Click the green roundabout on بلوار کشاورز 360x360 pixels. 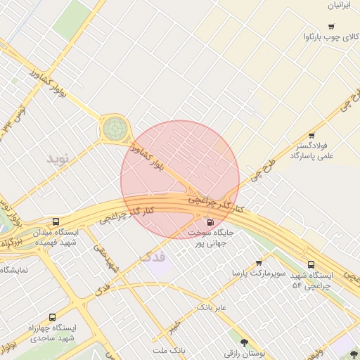115,129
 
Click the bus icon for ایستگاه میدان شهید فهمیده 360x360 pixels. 56,221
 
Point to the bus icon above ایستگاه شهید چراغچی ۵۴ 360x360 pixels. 311,264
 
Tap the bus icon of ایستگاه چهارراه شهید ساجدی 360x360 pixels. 52,318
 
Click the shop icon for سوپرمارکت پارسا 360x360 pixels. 259,262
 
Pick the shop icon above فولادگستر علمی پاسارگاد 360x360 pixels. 311,136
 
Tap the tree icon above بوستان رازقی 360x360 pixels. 244,343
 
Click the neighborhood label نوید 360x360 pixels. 59,158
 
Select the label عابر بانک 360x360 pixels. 211,307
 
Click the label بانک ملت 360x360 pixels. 169,349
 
